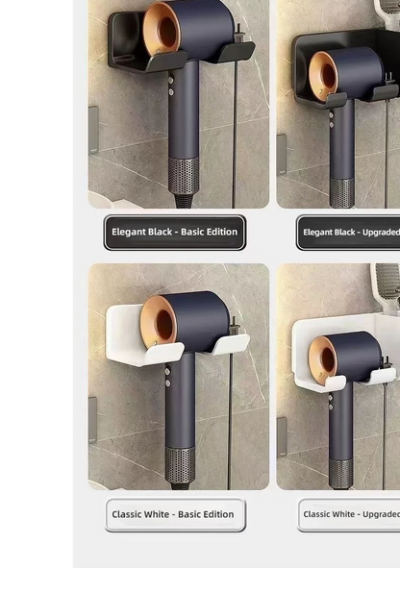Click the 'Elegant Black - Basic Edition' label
coord(174,233)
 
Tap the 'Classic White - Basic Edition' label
coord(174,515)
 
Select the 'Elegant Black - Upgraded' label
coord(349,233)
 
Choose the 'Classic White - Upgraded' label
coord(349,515)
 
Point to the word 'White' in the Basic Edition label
coord(161,515)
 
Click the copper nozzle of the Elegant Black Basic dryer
coord(161,30)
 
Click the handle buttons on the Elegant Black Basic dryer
coord(170,87)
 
